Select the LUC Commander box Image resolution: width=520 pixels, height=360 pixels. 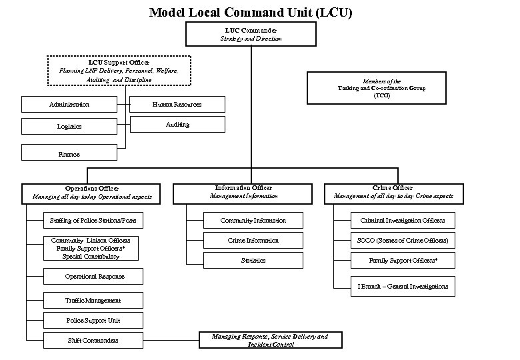tap(251, 35)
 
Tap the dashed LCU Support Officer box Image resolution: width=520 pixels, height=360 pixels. tap(119, 71)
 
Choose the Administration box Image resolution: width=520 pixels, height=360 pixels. tap(69, 105)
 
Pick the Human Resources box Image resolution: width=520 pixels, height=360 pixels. tap(177, 105)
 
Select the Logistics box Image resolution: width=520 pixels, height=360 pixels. tap(69, 125)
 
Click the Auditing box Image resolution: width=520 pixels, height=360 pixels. tap(177, 125)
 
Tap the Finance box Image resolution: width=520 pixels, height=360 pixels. tap(69, 153)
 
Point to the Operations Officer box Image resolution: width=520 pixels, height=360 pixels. tap(92, 193)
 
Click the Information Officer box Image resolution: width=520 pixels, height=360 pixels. tap(243, 192)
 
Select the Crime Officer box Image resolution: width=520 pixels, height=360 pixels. tap(393, 192)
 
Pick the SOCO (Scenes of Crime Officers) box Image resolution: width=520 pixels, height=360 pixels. tap(403, 240)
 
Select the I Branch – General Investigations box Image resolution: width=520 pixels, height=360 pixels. tap(403, 287)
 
